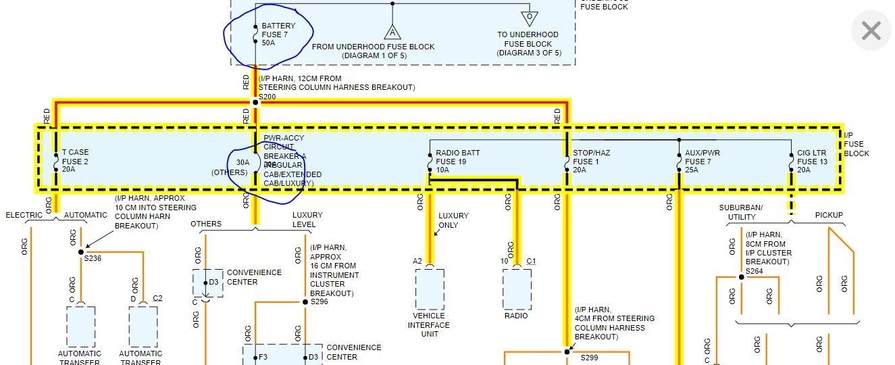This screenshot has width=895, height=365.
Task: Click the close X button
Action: coord(871,30)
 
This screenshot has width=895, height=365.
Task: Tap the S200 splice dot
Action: coord(255,102)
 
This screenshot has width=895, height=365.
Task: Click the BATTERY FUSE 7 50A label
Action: coord(278,34)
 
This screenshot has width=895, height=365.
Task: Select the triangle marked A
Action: coord(391,31)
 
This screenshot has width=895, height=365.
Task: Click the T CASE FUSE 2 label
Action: coord(75,162)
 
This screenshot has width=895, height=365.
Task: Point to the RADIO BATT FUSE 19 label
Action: coord(457,162)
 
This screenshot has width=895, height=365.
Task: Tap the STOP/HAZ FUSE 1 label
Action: coord(591,162)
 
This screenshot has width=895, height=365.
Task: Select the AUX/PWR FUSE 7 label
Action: coord(702,162)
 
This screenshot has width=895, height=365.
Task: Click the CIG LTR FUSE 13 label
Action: coord(812,162)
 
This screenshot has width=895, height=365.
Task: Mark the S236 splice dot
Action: coord(81,252)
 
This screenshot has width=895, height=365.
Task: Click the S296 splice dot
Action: coord(305,302)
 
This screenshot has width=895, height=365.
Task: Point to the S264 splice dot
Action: coord(741,277)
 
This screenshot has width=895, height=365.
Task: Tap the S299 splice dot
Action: coord(567,351)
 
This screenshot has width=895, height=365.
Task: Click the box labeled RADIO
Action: coord(517,289)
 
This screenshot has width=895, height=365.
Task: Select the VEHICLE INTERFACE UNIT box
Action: coord(430,289)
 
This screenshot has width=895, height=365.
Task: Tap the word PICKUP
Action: coord(829,216)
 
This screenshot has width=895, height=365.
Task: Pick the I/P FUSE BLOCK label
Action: coord(856,144)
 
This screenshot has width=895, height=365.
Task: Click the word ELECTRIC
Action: coord(24,216)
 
